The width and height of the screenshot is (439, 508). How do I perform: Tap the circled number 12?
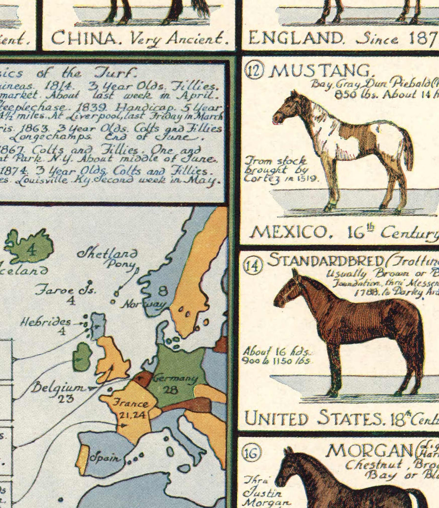(x=255, y=71)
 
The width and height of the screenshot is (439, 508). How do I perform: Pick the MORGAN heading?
(x=368, y=450)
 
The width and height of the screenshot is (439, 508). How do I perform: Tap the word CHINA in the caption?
(x=78, y=38)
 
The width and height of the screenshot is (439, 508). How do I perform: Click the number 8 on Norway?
(x=162, y=291)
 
